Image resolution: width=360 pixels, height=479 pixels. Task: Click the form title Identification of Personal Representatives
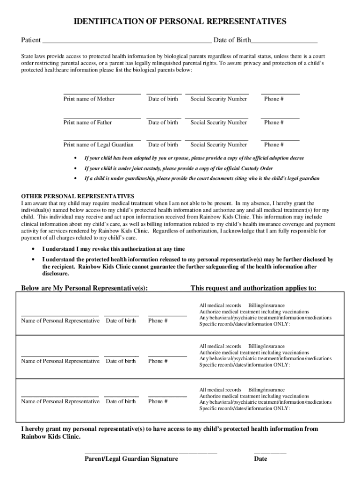(x=180, y=22)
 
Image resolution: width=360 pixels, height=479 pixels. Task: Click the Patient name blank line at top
(x=126, y=41)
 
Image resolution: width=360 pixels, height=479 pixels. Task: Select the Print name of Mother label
(x=89, y=99)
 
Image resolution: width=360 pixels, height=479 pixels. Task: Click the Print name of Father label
(x=87, y=123)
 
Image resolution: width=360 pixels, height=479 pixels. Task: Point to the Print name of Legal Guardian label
(x=98, y=145)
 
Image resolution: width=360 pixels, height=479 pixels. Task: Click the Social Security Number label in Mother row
(x=218, y=99)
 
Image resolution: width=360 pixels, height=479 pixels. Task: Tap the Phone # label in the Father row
(x=274, y=123)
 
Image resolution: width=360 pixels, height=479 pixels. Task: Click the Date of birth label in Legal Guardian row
(x=163, y=145)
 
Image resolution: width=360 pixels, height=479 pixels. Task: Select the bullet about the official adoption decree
(x=194, y=158)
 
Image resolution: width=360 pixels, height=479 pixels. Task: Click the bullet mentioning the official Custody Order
(x=178, y=168)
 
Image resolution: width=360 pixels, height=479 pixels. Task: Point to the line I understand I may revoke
(x=113, y=249)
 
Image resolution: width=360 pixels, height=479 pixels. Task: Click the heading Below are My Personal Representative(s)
(x=85, y=288)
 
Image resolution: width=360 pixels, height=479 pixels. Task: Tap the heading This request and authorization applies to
(x=253, y=288)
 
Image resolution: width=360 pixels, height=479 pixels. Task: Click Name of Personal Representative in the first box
(x=60, y=321)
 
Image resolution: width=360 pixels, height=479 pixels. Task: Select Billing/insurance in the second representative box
(x=266, y=347)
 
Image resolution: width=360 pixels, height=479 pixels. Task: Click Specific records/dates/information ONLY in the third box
(x=245, y=408)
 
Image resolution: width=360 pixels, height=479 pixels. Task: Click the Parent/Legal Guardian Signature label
(x=131, y=459)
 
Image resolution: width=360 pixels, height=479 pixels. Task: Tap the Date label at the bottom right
(x=260, y=459)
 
